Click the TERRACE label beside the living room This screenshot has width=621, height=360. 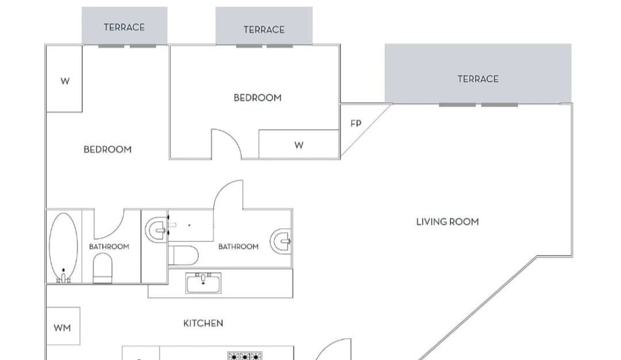478,79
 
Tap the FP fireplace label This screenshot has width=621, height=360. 356,124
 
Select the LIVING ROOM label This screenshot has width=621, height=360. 448,222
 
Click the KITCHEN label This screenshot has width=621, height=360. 203,323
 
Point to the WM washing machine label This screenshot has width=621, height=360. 62,328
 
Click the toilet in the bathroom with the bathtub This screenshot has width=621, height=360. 102,268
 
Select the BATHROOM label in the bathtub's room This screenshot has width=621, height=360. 109,247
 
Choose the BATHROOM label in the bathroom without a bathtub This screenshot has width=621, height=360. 238,247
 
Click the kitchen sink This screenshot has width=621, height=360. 203,283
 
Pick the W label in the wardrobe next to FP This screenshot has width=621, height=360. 299,145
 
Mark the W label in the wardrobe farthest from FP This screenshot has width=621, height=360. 65,81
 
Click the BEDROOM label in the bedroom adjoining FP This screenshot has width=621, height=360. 258,98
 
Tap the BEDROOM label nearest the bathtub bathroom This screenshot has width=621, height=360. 107,149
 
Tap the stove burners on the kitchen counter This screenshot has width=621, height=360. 245,356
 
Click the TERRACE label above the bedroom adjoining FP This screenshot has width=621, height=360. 264,30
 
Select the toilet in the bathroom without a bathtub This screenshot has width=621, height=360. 183,255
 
